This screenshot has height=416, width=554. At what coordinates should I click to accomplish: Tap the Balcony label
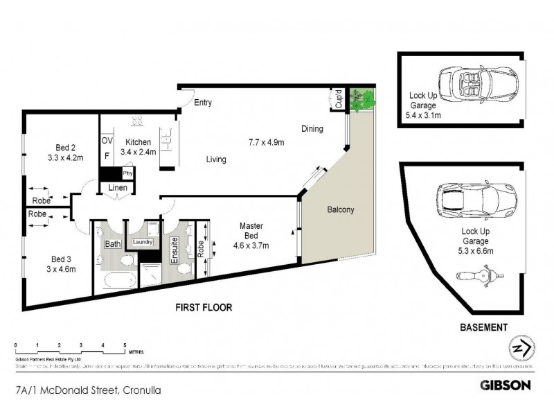coord(341,210)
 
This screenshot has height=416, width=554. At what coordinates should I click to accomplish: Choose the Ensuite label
coord(177,248)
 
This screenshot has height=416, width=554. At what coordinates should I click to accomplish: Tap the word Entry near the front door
coord(202,103)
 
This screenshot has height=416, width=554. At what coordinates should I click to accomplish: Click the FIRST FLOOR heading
coord(203,307)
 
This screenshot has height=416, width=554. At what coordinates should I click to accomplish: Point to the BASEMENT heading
coord(485,327)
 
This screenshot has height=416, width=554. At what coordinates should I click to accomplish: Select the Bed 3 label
coord(60,263)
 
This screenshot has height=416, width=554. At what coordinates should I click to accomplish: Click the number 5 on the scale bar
coord(125,345)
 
